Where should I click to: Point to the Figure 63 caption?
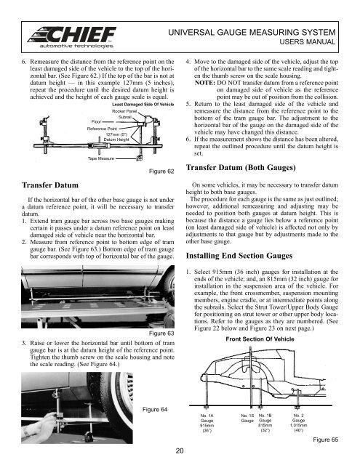click(x=160, y=333)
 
